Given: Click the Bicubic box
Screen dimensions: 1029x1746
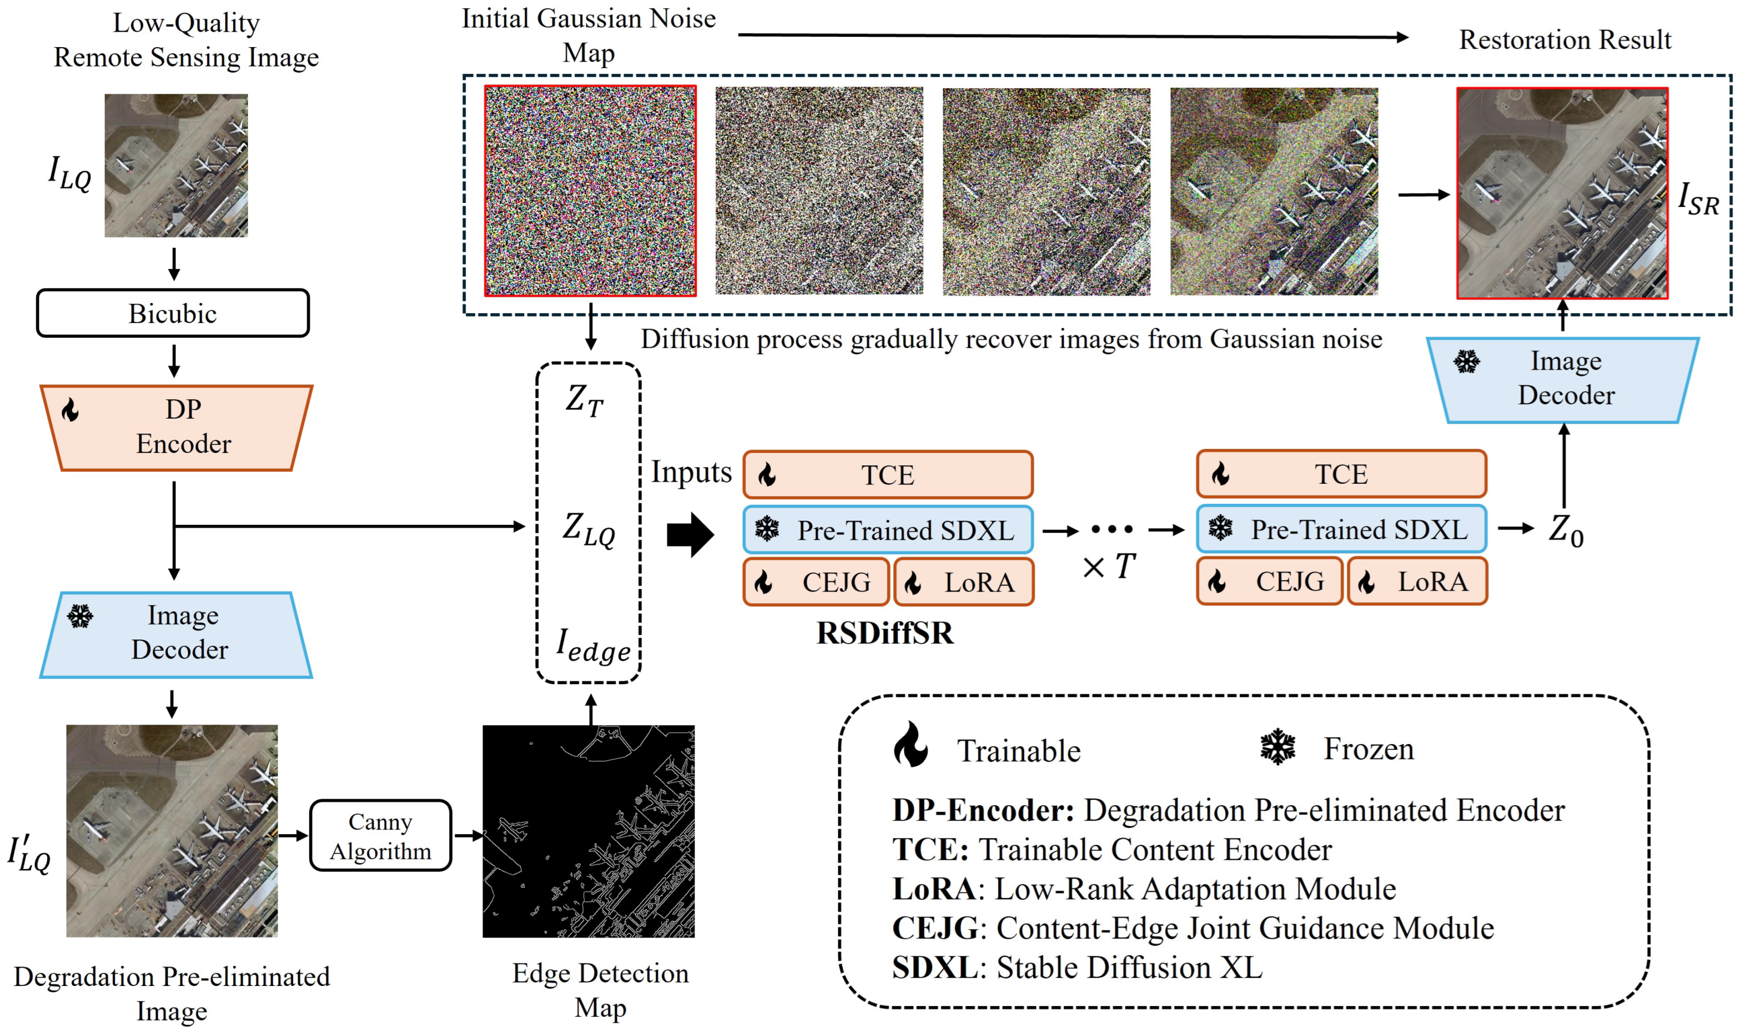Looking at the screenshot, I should point(173,314).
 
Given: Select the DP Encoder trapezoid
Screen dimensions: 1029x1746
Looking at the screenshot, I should point(177,427).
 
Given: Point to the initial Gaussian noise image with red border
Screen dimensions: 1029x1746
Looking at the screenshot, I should point(590,191).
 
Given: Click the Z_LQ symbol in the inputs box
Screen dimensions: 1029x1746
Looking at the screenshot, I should point(588,529).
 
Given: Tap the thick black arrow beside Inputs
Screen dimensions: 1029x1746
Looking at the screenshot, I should point(690,534).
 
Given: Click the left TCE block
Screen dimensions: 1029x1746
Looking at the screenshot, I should point(888,475).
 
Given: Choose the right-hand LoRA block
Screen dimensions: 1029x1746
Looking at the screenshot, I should point(1418,581).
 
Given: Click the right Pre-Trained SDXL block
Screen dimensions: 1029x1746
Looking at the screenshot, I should point(1341,529).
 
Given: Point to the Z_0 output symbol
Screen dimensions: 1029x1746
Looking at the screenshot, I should point(1565,530).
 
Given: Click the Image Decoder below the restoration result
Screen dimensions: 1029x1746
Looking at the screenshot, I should point(1563,379).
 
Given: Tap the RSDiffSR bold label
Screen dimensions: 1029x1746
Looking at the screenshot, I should point(885,633).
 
